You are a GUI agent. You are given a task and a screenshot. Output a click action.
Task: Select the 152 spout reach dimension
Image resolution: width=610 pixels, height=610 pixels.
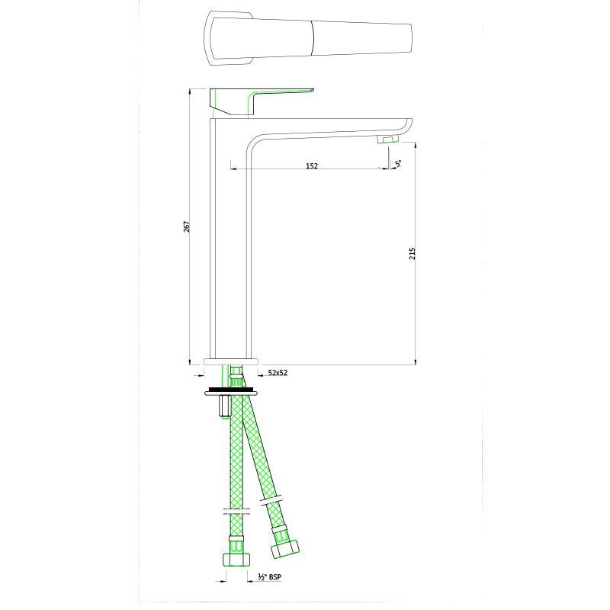click(311, 165)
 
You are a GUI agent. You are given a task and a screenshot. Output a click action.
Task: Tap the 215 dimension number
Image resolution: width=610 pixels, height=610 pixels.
click(412, 252)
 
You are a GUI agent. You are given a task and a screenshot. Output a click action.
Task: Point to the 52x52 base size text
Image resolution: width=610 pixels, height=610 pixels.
click(278, 373)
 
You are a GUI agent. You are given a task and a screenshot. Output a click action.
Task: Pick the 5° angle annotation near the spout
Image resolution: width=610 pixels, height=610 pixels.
click(399, 162)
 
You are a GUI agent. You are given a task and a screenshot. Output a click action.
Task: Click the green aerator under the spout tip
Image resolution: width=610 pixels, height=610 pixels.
click(389, 139)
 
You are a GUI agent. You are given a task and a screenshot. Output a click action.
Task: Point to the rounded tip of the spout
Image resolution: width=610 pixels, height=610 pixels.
click(409, 127)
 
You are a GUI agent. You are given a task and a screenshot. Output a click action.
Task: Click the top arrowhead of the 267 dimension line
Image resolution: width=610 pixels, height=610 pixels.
click(189, 91)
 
